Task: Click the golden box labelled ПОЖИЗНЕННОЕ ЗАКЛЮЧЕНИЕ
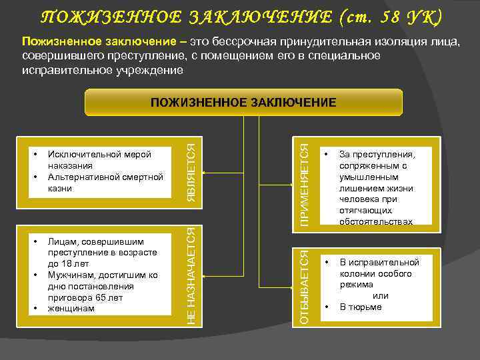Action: point(243,103)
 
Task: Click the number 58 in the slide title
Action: point(379,16)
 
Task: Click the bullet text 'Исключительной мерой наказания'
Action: point(99,159)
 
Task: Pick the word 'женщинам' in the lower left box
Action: point(71,309)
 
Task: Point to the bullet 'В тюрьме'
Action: point(361,307)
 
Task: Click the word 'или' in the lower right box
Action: point(380,295)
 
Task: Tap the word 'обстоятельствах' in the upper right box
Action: point(375,221)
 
